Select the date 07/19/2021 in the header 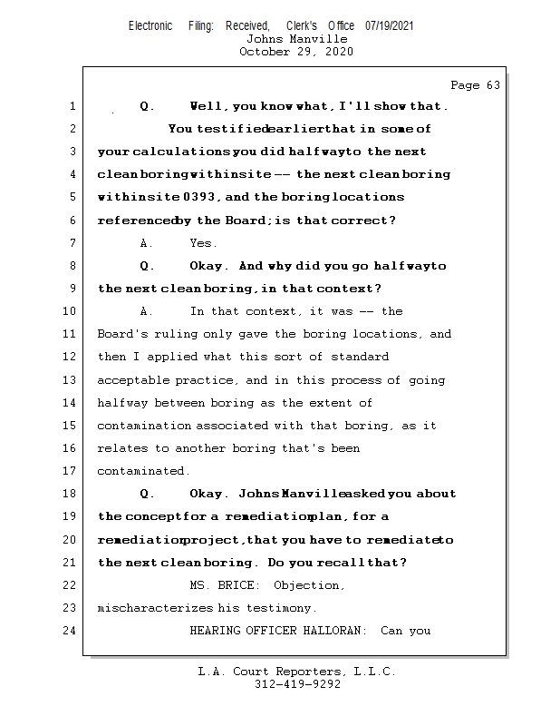[390, 26]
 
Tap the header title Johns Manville [296, 39]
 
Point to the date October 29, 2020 [296, 52]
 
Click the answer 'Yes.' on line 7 [203, 243]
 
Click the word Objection [309, 585]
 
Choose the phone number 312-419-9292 [297, 684]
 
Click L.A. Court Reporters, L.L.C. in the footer [296, 672]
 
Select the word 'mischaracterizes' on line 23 [156, 608]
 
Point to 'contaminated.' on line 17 [144, 471]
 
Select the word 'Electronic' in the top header [150, 26]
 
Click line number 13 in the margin [71, 380]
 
